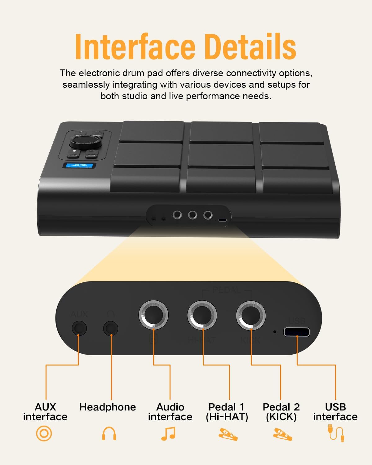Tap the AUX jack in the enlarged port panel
[x=79, y=328]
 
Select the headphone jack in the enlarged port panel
[x=111, y=328]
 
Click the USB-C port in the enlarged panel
[x=297, y=332]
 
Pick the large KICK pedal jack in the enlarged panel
[x=250, y=315]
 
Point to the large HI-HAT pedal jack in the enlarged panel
[x=202, y=315]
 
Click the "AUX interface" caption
[x=45, y=412]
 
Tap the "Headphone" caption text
[x=108, y=407]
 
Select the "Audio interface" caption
[x=170, y=412]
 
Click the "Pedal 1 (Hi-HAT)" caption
[x=227, y=412]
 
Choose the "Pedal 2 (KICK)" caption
[x=281, y=412]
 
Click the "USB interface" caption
[x=335, y=412]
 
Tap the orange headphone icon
[x=109, y=433]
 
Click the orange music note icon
[x=168, y=433]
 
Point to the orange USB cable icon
[x=336, y=433]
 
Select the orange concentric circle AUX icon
[x=44, y=433]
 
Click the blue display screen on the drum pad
[x=79, y=166]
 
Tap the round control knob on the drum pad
[x=85, y=142]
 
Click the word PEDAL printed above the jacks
[x=227, y=290]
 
